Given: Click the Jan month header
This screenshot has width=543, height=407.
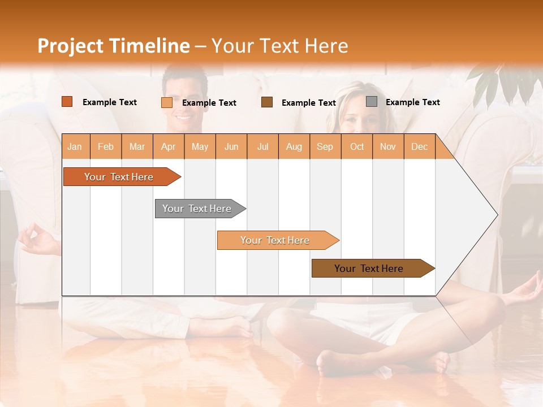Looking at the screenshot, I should click(x=75, y=146).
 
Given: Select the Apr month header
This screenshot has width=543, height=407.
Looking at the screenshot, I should click(x=168, y=146).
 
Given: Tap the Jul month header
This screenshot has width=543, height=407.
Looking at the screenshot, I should click(x=262, y=146).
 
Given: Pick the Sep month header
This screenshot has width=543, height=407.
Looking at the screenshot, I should click(x=325, y=146).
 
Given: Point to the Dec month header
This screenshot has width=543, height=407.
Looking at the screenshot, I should click(x=419, y=146).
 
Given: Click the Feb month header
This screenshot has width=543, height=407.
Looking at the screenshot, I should click(x=106, y=146).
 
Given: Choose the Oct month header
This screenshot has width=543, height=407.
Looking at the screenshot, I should click(x=357, y=146).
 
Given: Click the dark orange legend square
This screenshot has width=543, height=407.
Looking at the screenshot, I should click(x=67, y=102).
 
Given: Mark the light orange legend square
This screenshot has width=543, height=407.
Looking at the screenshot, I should click(x=167, y=102).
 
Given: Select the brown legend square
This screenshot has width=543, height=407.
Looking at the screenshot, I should click(x=267, y=102).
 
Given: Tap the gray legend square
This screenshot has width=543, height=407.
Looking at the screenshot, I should click(x=372, y=102).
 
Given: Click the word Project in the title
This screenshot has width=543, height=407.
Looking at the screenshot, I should click(x=71, y=46).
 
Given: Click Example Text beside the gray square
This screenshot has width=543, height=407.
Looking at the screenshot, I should click(x=412, y=102).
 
